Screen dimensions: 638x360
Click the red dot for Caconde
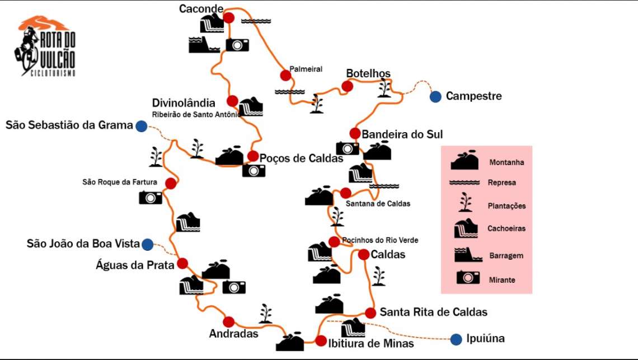(x=229, y=17)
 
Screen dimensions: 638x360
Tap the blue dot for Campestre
(x=435, y=96)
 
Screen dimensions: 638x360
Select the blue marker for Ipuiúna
(x=456, y=339)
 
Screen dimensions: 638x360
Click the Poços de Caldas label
(x=301, y=158)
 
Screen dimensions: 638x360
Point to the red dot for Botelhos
(x=347, y=86)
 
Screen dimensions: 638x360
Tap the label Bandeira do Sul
(x=402, y=134)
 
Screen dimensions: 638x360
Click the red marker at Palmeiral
(x=285, y=76)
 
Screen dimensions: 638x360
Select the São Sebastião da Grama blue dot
(x=141, y=126)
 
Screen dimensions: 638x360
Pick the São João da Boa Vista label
(x=83, y=244)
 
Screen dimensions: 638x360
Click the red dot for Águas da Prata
(x=182, y=264)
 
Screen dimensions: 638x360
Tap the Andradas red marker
(x=229, y=322)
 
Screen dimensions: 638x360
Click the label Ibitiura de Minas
(x=371, y=344)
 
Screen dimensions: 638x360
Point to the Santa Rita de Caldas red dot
(x=370, y=313)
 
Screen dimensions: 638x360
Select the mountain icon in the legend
(x=465, y=161)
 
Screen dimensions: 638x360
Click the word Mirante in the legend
(x=502, y=280)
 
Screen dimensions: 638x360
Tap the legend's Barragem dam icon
(x=468, y=255)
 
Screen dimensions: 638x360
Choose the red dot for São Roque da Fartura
(x=171, y=184)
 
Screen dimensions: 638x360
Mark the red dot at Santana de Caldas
(x=346, y=193)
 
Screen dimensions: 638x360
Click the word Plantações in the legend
(x=506, y=206)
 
